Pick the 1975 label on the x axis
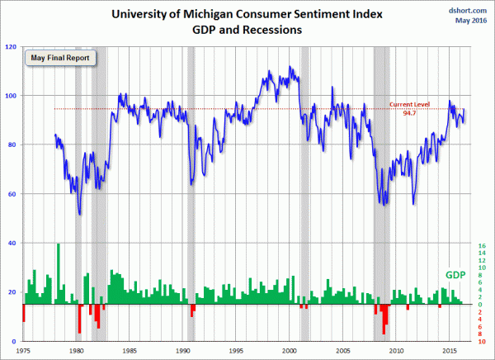click(x=23, y=350)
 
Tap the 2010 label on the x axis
click(x=396, y=350)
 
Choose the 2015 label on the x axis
click(x=449, y=350)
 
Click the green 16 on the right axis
click(x=482, y=246)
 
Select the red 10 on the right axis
click(x=482, y=341)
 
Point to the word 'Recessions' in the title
click(x=276, y=30)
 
